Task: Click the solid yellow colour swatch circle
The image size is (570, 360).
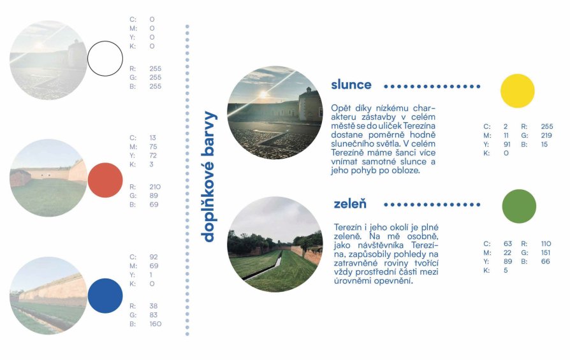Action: pos(517,91)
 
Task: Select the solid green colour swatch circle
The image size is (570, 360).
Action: pos(519,206)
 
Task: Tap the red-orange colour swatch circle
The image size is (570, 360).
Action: pos(105,180)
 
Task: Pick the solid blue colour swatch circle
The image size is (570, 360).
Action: pos(105,296)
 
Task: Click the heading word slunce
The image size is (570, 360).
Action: pos(351,85)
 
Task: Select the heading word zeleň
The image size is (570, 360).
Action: pos(350,203)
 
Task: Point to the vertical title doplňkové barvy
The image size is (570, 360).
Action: pos(209,176)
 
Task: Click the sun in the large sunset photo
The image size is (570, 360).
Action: pos(263,95)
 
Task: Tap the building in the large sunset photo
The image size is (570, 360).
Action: pos(310,104)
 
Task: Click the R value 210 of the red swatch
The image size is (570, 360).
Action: pos(155,187)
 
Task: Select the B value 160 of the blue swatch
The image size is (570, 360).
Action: pos(155,324)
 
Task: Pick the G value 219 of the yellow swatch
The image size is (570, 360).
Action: pos(546,136)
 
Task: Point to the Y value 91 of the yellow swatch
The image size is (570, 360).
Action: pos(507,144)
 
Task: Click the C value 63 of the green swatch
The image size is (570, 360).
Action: pos(508,243)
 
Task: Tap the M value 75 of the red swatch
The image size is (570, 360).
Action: pos(153,147)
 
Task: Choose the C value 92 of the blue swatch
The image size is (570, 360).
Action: pos(154,257)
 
